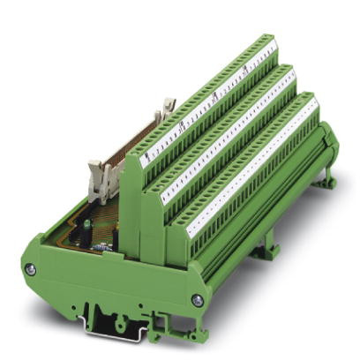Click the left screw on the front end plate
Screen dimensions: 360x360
click(x=31, y=269)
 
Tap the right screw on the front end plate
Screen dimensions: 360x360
click(x=197, y=300)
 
